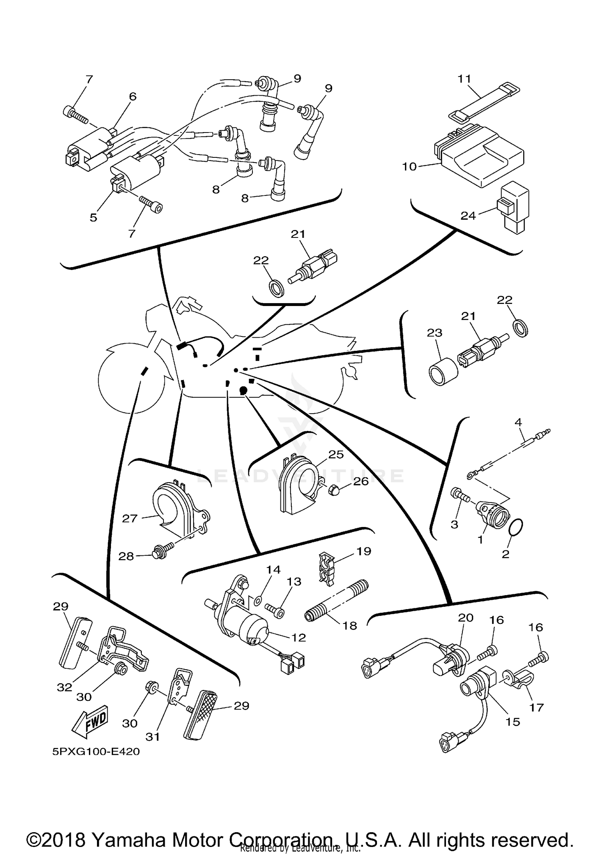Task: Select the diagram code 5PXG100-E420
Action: click(x=96, y=752)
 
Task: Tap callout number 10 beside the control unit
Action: click(x=409, y=167)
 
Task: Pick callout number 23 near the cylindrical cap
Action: click(x=435, y=333)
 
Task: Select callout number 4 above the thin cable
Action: click(x=518, y=422)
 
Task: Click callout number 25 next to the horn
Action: click(x=336, y=454)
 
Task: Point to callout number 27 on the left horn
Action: click(x=130, y=519)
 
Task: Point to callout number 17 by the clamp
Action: click(x=536, y=707)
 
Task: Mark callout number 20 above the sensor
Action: click(x=466, y=618)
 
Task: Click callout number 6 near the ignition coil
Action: click(x=133, y=97)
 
